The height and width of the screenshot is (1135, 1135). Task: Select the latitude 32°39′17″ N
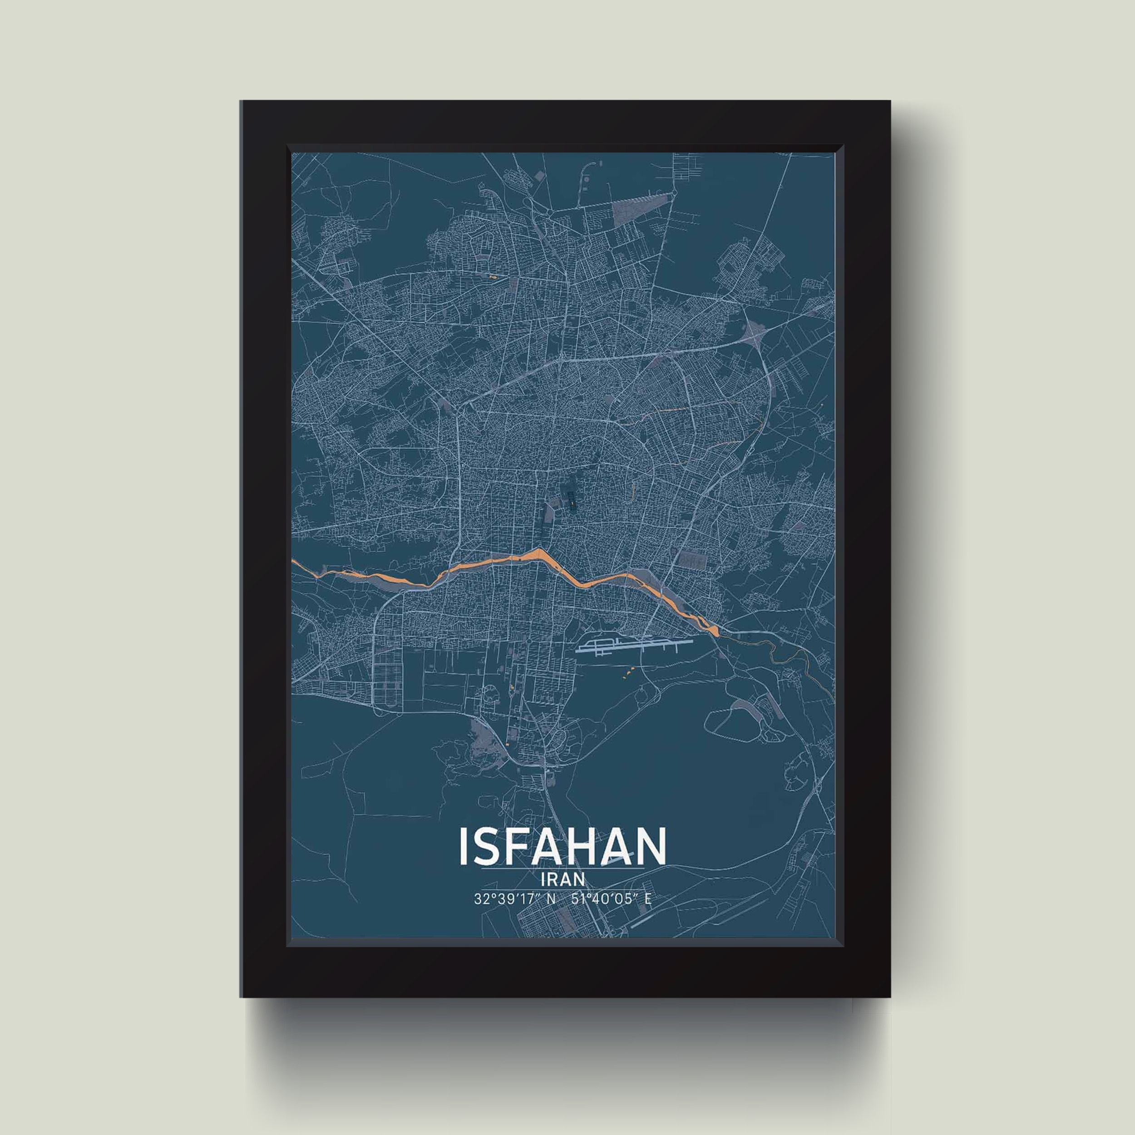coord(514,899)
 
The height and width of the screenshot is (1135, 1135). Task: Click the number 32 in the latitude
coord(480,899)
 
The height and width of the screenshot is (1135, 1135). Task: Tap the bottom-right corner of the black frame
coord(889,997)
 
